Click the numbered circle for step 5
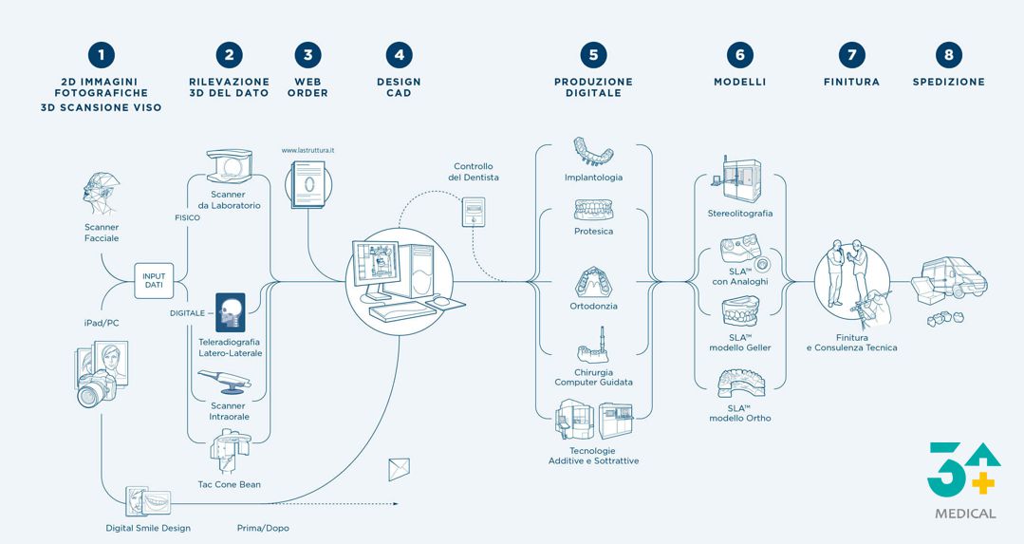(593, 55)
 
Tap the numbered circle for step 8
(948, 55)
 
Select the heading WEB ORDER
(307, 87)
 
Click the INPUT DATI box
(154, 281)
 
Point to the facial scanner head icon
(101, 194)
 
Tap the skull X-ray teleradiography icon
(231, 312)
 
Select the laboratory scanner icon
(230, 166)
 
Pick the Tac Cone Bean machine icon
(230, 452)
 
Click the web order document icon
(307, 185)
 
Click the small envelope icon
(399, 470)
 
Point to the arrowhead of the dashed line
(396, 503)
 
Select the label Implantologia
(594, 178)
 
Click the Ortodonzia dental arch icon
(593, 282)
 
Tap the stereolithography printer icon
(740, 180)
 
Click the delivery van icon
(955, 277)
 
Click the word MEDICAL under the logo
(965, 514)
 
